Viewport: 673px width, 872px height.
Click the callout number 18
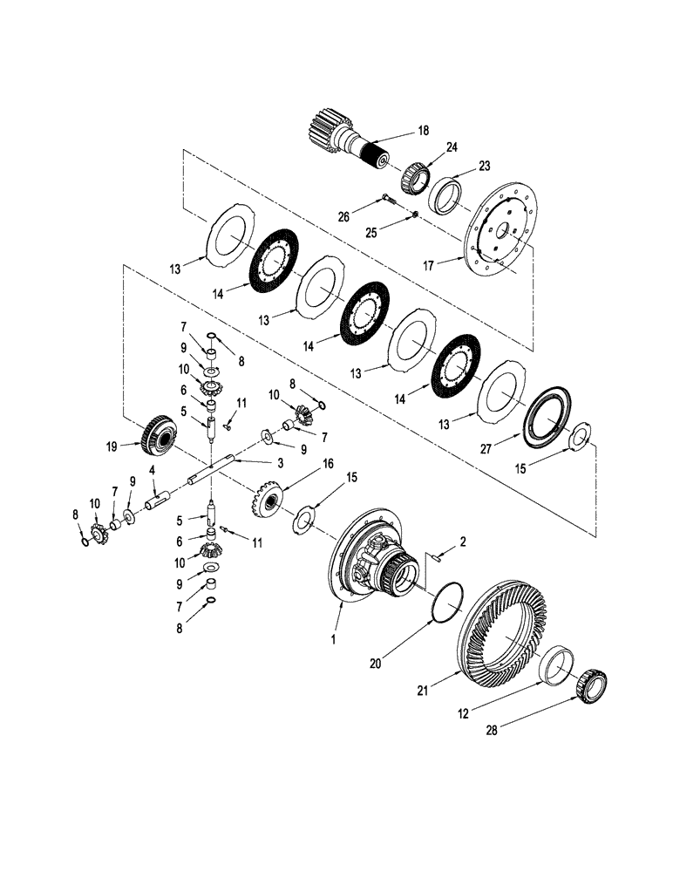coord(425,131)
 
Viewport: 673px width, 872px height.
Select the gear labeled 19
coord(157,433)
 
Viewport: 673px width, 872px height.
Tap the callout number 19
coord(111,446)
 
